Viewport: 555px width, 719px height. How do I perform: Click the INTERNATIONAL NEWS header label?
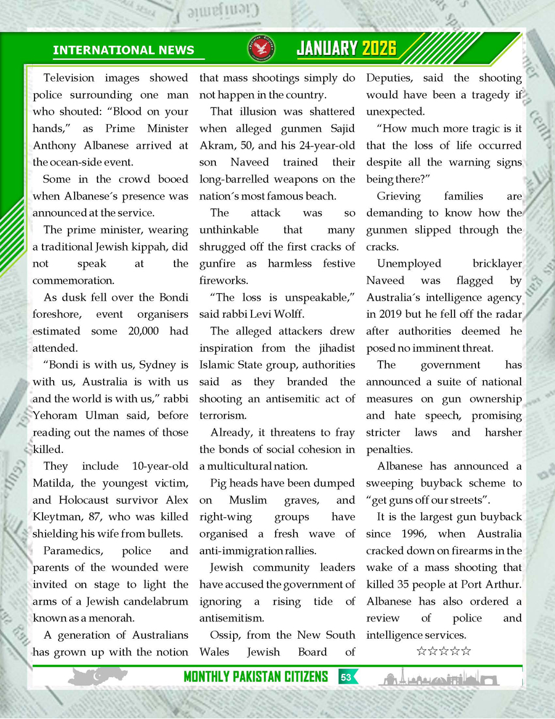coord(123,51)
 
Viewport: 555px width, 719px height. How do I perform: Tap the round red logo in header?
coord(265,49)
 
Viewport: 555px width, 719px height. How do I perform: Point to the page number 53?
coord(346,677)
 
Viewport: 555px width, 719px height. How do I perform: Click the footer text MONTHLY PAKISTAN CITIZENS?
coord(255,677)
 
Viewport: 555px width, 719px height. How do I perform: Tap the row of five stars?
coord(444,651)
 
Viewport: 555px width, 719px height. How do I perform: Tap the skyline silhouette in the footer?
coord(438,678)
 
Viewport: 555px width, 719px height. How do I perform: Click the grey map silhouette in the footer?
coord(96,677)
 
